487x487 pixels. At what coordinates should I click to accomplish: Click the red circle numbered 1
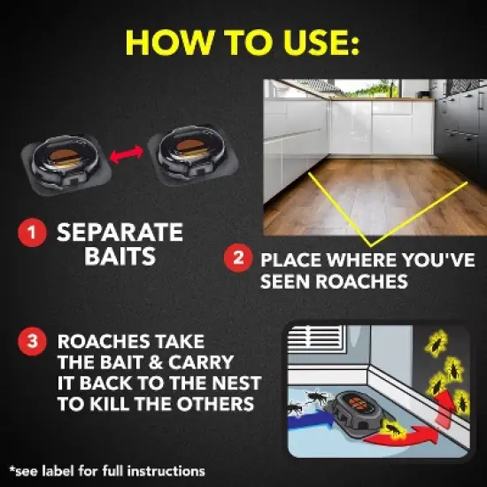[x=32, y=234]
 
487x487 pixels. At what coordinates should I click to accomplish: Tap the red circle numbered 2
[x=238, y=260]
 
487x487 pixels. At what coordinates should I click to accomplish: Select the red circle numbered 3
[x=32, y=343]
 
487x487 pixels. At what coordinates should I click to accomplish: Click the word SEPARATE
[x=120, y=233]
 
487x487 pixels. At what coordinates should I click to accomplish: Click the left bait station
[x=63, y=158]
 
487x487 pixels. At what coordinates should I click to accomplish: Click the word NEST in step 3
[x=232, y=383]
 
